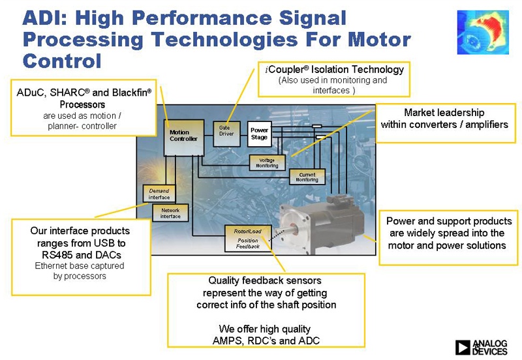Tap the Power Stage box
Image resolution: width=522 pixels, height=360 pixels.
pos(259,134)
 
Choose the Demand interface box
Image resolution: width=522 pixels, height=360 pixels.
pos(159,194)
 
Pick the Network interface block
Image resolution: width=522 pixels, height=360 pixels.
pos(170,213)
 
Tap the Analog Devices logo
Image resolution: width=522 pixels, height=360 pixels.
pos(481,347)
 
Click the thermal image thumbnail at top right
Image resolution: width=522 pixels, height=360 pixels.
pos(484,32)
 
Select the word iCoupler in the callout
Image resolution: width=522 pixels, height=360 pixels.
pos(286,70)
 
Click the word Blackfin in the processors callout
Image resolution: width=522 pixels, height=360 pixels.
pos(130,93)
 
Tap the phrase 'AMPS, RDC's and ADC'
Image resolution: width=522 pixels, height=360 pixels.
pos(266,340)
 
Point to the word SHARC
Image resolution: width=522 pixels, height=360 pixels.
pos(72,93)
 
